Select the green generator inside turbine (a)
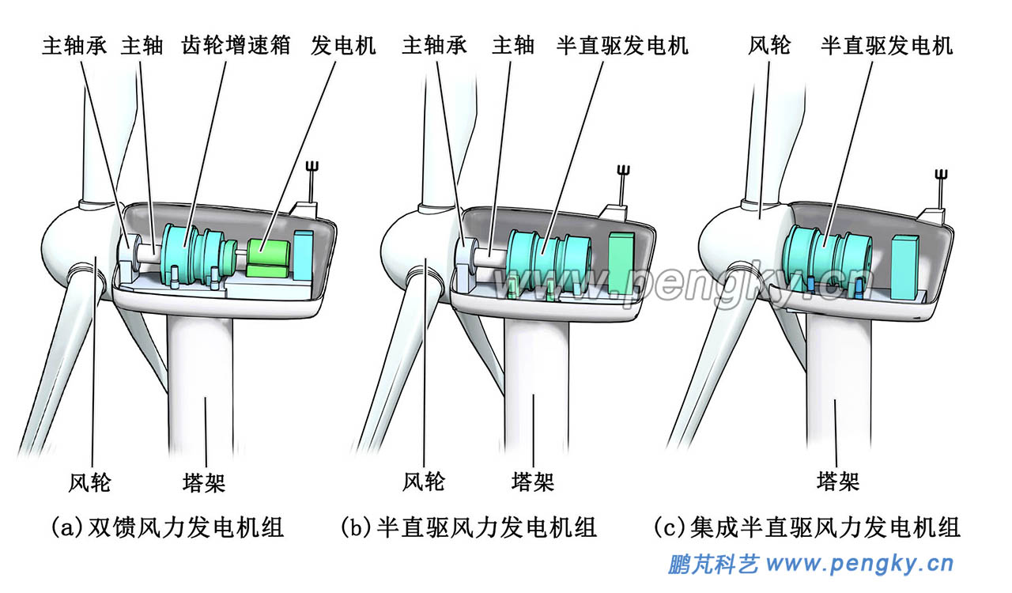(270, 258)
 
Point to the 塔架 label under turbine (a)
(204, 482)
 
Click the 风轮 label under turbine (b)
(424, 482)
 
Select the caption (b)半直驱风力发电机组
(468, 527)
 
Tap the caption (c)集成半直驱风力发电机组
(807, 527)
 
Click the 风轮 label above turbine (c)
(769, 45)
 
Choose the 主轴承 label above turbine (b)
(434, 45)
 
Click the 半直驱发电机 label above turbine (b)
(622, 45)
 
